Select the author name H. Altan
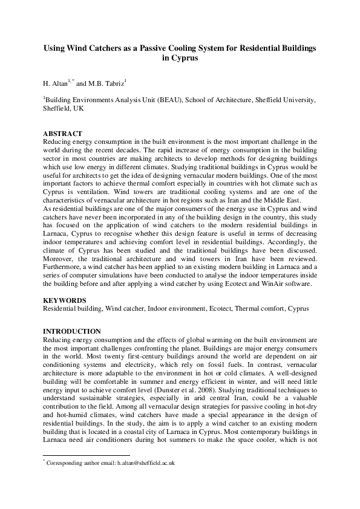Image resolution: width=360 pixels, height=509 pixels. click(55, 82)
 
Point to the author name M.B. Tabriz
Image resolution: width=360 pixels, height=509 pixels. click(107, 82)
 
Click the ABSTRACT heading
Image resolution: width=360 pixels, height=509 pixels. click(62, 133)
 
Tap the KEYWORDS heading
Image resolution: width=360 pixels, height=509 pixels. click(64, 300)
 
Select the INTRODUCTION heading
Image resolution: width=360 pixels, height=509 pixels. click(71, 331)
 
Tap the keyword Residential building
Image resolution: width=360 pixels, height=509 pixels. click(71, 308)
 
